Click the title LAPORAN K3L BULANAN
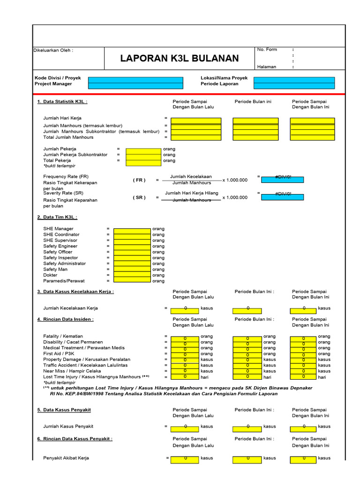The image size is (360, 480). tap(180, 58)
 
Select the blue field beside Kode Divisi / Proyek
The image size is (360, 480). tap(135, 80)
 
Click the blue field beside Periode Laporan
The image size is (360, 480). tap(294, 85)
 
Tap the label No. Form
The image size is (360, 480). tap(267, 49)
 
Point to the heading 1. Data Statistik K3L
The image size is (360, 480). tap(62, 102)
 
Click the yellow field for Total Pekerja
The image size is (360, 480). tap(143, 160)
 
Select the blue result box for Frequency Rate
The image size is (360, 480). tap(282, 180)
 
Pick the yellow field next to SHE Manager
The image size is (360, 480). tap(132, 229)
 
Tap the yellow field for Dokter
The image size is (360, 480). tap(132, 275)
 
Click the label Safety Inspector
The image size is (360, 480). tap(60, 258)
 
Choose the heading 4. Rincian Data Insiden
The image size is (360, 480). tap(65, 319)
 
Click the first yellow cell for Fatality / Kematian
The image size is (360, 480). tap(185, 338)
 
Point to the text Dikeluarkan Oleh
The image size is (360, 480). tap(53, 50)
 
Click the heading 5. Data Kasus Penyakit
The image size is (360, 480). tap(64, 410)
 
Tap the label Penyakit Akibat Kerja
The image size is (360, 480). tap(66, 458)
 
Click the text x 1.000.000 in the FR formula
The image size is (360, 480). tap(235, 180)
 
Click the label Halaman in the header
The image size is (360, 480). tap(267, 67)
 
